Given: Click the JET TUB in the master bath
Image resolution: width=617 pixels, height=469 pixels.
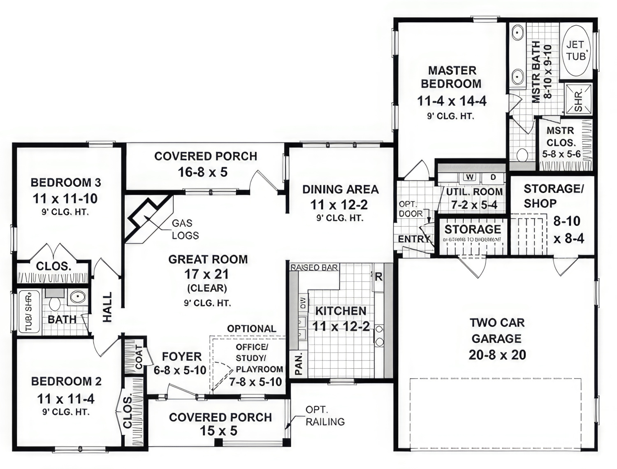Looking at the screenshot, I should coord(575,50).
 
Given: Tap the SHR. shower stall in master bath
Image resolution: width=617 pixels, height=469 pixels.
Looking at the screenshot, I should coord(578,99).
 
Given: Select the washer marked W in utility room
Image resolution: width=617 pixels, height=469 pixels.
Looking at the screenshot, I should coord(470,177).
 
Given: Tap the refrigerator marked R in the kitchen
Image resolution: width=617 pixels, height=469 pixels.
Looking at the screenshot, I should coord(378,277).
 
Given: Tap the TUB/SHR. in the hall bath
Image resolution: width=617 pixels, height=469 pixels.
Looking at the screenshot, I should coord(29,312).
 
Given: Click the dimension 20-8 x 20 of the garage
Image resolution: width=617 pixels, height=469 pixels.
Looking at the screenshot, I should coord(497,355).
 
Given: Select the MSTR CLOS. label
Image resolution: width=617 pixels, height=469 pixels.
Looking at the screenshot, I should coord(560,137).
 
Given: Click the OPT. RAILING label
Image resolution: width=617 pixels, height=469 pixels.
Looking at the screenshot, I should coord(325,416).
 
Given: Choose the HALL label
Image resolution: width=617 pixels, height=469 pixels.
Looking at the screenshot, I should coord(107,307).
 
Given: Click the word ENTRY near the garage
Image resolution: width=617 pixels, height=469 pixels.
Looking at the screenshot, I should coord(413,239).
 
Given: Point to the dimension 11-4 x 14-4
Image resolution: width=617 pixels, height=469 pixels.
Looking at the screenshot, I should coord(451,101).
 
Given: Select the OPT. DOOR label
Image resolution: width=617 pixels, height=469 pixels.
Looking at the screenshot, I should coord(410,209).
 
